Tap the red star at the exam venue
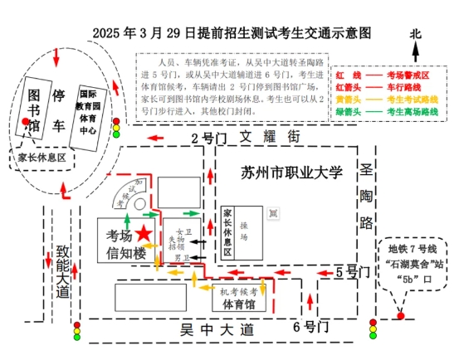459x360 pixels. (144, 234)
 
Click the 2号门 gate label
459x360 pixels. (207, 138)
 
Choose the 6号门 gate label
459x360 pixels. (310, 328)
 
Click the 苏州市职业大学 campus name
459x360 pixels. (291, 173)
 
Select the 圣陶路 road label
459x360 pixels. (366, 199)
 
